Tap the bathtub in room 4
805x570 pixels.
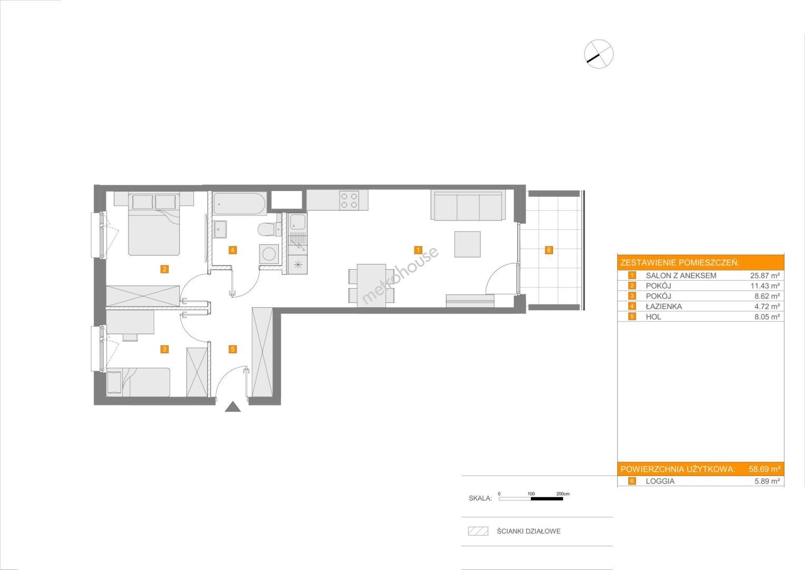239,204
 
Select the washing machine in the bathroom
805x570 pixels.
269,254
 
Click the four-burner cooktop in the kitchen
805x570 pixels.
349,201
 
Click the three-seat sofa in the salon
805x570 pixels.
468,205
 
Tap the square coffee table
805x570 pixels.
467,244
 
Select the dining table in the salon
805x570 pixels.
371,286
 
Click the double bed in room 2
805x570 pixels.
154,224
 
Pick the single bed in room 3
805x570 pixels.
138,382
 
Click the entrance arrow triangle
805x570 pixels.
233,406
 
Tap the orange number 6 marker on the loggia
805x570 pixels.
548,250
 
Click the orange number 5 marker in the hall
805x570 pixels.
232,349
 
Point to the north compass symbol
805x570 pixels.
599,54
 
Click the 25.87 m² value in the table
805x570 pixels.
765,275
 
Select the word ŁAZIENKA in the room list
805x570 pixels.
663,307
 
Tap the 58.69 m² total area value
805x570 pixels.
764,469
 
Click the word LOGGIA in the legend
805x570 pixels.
660,481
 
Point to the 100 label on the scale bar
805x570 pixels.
531,493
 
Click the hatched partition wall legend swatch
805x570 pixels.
478,531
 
